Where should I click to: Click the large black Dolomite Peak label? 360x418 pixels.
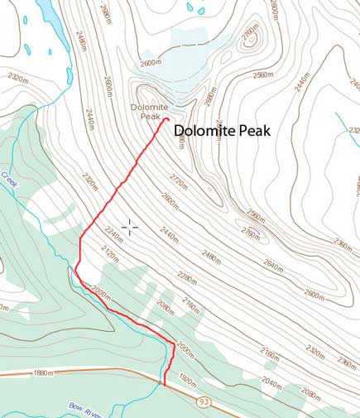pos(223,130)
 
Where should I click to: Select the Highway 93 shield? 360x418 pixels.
pos(203,401)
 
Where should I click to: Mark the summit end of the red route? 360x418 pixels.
pos(168,119)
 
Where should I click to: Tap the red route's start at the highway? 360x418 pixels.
pos(164,384)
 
